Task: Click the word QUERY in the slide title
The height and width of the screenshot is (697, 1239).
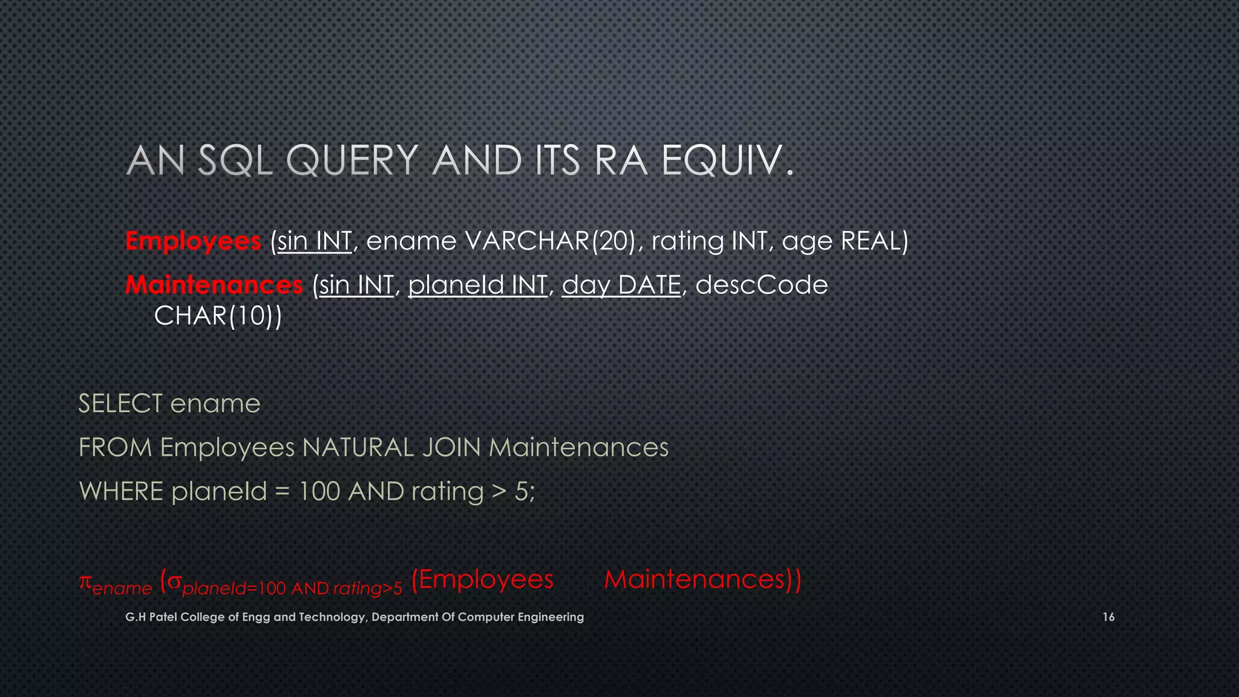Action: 351,161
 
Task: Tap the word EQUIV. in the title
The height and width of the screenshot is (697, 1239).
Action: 727,161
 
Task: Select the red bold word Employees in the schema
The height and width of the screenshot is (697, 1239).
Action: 193,241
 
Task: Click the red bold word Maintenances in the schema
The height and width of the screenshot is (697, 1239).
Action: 214,285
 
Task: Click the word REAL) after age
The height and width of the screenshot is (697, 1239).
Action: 875,241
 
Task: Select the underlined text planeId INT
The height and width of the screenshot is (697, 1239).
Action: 478,285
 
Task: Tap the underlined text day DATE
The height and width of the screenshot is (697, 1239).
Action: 621,285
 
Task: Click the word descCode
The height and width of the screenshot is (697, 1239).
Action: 761,285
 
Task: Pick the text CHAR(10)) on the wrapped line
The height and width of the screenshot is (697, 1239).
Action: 218,316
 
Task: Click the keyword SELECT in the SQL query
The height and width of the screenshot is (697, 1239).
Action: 120,404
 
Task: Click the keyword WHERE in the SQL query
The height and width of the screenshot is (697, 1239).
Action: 121,491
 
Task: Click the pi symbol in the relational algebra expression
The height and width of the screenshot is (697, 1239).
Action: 85,582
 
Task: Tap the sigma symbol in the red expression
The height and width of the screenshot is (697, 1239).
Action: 175,582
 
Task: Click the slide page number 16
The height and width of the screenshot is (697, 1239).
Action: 1108,617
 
